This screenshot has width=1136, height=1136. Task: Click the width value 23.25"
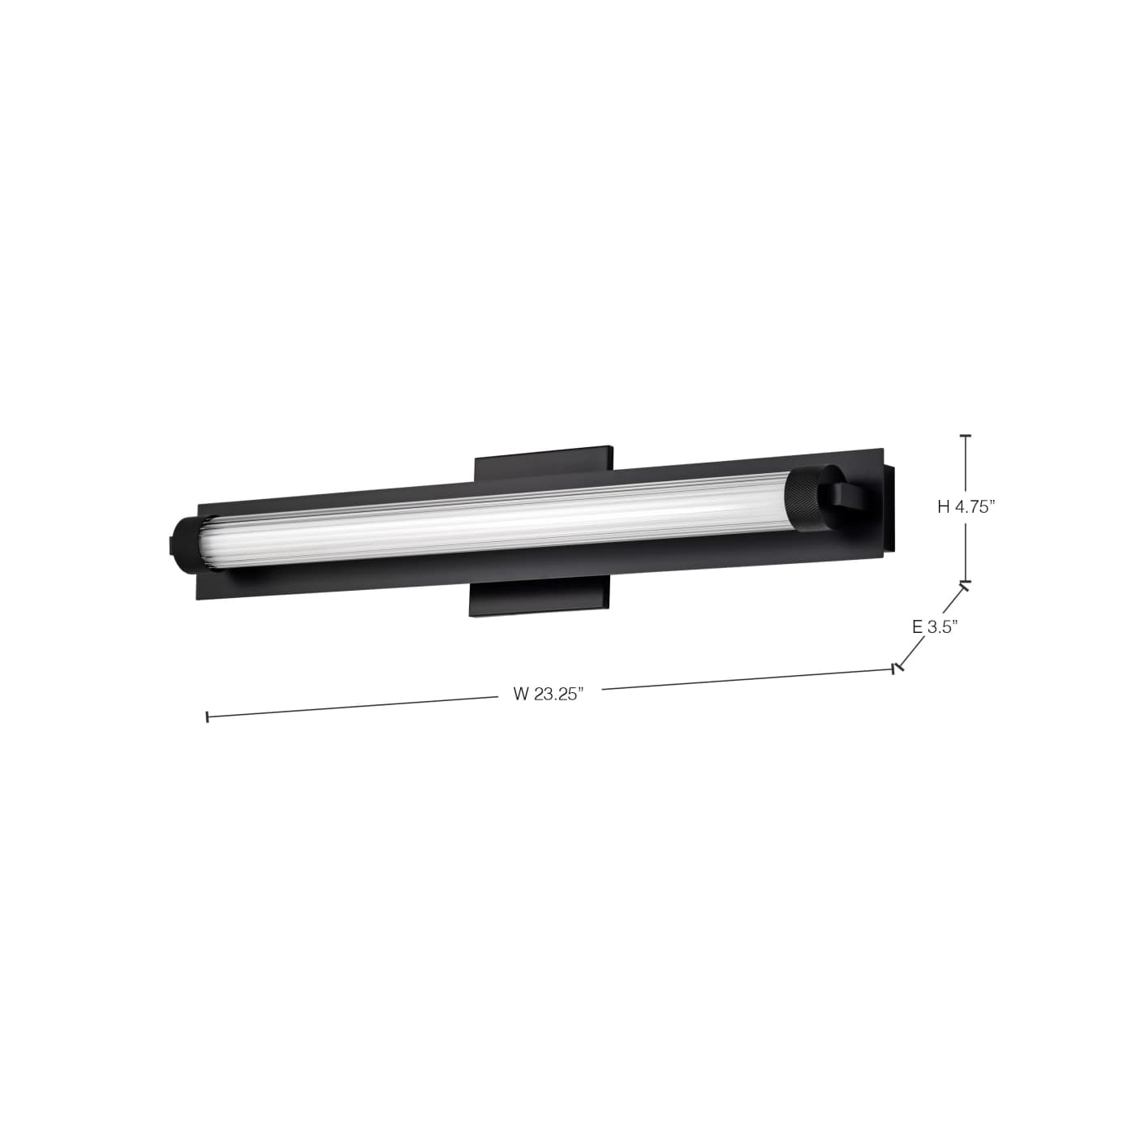tap(560, 694)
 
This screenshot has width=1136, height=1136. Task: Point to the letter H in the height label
tap(944, 507)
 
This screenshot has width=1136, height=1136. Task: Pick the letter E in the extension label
tap(917, 626)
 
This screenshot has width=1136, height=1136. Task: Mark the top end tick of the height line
tap(965, 436)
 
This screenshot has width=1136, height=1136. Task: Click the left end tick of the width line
tap(208, 717)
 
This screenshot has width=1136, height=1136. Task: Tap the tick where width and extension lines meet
tap(895, 669)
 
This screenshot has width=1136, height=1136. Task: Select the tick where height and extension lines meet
tap(965, 584)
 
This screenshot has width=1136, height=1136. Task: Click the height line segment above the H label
tap(965, 467)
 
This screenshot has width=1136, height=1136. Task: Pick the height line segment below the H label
tap(965, 552)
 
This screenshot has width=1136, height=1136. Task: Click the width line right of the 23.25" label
tap(747, 679)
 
